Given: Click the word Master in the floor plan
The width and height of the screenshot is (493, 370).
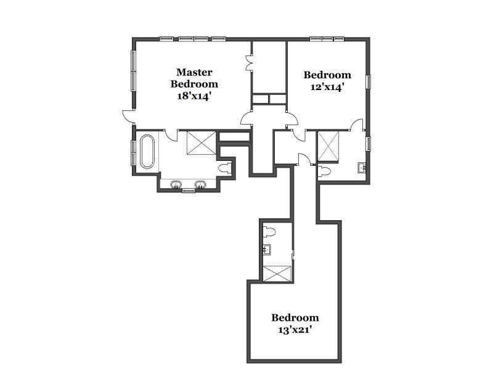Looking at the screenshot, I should tap(194, 73).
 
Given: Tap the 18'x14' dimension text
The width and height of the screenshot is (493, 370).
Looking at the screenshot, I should tap(194, 96).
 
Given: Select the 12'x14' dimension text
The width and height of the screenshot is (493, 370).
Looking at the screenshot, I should tap(327, 87).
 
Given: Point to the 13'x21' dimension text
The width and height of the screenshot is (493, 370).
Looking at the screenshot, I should tap(295, 329).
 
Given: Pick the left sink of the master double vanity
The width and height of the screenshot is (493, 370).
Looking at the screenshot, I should tap(176, 184).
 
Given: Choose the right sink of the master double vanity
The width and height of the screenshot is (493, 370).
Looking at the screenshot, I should tap(200, 184).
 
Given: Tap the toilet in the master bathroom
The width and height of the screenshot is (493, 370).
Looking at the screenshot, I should tap(224, 167).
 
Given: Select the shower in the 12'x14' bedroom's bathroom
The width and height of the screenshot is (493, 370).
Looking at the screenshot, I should tap(328, 146).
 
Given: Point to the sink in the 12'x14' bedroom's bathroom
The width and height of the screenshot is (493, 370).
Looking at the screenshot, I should tap(362, 167).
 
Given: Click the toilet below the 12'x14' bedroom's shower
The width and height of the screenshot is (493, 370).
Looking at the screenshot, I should tap(325, 171).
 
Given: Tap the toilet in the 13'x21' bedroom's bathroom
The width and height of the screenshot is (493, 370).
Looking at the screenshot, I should tap(269, 232).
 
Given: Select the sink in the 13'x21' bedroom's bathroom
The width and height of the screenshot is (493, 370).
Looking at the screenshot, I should tap(267, 250).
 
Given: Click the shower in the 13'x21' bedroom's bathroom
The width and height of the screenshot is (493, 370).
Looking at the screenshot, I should tap(277, 273).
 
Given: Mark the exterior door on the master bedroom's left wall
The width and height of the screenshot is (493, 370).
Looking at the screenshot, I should tap(128, 115).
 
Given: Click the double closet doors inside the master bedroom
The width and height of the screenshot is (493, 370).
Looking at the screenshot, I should tap(249, 63).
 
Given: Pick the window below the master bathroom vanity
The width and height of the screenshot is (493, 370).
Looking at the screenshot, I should tap(189, 191).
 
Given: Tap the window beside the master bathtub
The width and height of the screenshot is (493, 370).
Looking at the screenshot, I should tap(133, 152).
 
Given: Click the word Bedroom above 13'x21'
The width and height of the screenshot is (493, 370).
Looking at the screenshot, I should tap(295, 318).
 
